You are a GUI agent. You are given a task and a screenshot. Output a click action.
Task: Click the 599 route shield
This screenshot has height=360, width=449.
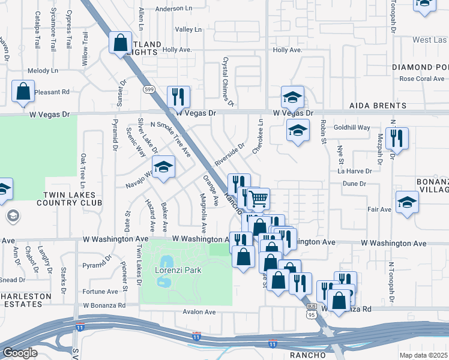coord(149,89)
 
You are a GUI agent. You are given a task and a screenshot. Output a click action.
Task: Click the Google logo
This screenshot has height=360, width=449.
coord(20,353)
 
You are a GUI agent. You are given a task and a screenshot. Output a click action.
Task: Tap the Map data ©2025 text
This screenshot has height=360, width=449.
coord(424,355)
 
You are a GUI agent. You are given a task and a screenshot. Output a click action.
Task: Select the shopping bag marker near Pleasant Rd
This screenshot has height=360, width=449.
coord(23,91)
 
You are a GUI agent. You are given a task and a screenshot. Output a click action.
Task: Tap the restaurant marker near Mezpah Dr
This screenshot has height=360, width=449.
coord(397,138)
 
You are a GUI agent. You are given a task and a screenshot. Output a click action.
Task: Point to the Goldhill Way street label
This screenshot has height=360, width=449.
coord(352,128)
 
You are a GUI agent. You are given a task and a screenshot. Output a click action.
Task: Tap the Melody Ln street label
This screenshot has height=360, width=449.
coord(43,70)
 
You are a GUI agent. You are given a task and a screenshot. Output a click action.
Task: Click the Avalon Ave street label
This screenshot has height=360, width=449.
coord(199,312)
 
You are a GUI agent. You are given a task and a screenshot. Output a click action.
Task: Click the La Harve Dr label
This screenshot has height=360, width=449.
coord(355,171)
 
